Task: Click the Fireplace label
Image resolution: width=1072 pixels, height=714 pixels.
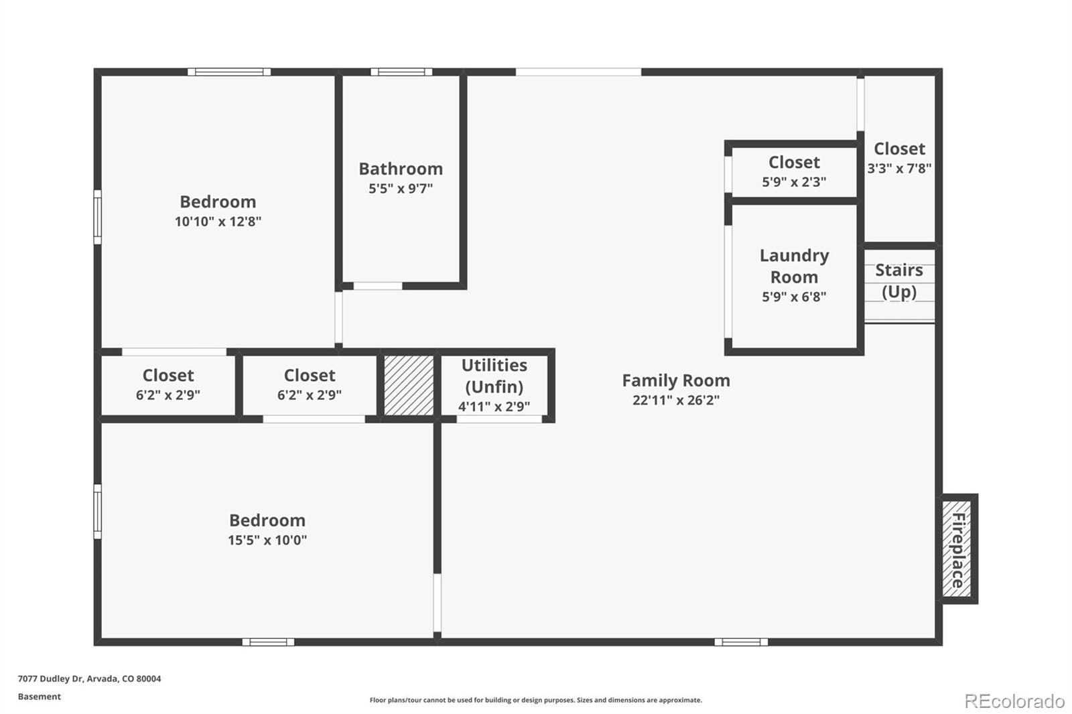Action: click(958, 550)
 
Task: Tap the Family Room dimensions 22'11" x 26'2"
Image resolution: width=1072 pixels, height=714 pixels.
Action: click(675, 401)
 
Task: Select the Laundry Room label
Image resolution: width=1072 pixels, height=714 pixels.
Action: click(794, 266)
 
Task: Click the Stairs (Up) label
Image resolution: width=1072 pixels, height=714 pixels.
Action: click(898, 281)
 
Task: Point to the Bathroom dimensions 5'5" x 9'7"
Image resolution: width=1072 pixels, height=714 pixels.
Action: click(401, 189)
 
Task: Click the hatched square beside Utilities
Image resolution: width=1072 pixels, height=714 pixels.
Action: click(409, 385)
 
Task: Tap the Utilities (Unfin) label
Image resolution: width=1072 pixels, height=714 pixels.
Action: click(494, 376)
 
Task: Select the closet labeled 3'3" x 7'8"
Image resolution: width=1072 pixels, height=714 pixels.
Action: click(899, 158)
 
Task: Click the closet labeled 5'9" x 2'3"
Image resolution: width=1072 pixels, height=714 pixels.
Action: click(794, 171)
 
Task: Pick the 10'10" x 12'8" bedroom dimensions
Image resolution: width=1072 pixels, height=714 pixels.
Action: click(218, 222)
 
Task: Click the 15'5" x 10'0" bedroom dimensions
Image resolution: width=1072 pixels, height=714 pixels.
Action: click(267, 541)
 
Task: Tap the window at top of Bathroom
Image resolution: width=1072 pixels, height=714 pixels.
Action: click(401, 72)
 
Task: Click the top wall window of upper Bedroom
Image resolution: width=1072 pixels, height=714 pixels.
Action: click(229, 72)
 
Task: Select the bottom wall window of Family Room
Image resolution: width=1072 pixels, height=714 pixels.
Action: click(740, 642)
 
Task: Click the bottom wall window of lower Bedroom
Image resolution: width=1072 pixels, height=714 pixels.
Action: click(268, 642)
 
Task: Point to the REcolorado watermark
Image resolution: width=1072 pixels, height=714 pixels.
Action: click(1014, 701)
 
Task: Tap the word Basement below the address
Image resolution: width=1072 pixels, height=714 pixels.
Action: click(40, 697)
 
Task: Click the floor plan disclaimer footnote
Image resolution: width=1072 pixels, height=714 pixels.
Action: click(536, 700)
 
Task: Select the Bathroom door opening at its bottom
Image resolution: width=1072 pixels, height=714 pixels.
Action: click(378, 286)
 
